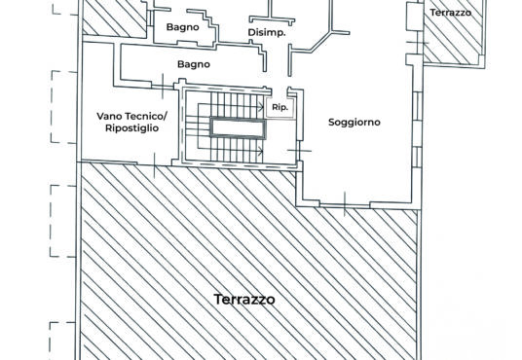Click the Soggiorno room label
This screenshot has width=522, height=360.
(354, 123)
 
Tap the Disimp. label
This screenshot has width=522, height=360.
(267, 33)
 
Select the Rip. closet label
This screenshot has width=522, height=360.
(280, 107)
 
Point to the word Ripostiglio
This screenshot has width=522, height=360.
(131, 128)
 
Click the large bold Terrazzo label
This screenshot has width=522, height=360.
(244, 299)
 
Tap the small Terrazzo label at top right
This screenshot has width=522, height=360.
(451, 13)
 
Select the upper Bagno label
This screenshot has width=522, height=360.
(183, 27)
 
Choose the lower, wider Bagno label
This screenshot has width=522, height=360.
(194, 64)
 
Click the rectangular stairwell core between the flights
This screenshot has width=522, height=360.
(238, 128)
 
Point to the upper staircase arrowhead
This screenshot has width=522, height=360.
(261, 107)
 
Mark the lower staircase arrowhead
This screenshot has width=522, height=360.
(261, 151)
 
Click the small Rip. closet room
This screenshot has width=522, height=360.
(280, 107)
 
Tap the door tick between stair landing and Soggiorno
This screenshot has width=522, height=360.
(300, 151)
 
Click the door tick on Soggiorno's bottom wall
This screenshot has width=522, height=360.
(345, 203)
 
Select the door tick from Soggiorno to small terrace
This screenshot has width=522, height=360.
(418, 43)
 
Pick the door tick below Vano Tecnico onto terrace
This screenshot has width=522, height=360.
(155, 165)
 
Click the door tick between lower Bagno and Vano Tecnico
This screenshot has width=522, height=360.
(163, 87)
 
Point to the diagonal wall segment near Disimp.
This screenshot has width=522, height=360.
(321, 42)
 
